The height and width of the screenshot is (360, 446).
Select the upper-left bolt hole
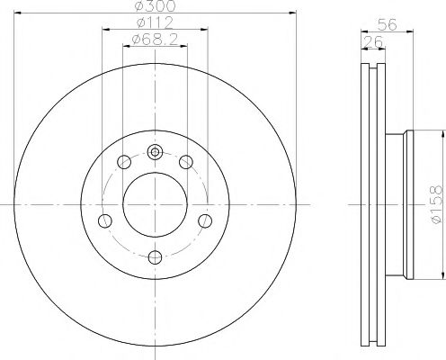click(x=123, y=162)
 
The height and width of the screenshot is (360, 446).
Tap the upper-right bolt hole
click(x=186, y=162)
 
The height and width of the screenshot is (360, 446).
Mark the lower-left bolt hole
click(x=104, y=221)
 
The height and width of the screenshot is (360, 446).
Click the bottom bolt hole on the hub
click(x=155, y=258)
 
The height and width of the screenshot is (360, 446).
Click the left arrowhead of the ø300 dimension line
click(x=19, y=13)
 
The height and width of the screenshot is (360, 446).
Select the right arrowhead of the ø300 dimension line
click(x=292, y=13)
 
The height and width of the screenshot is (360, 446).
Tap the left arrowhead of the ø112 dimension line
click(x=105, y=29)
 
